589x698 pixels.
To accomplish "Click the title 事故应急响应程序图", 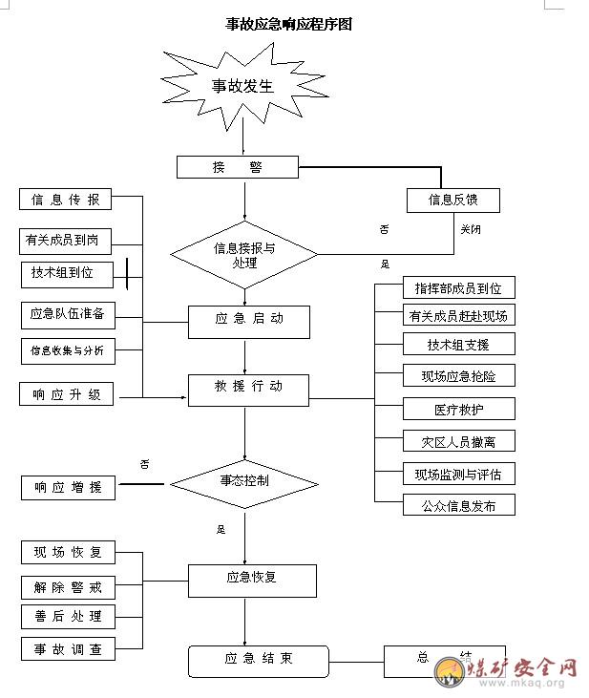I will (288, 24).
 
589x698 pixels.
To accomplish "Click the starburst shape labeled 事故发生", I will (242, 86).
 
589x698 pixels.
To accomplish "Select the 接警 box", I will (238, 167).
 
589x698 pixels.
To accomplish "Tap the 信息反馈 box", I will (452, 200).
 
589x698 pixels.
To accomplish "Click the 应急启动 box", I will (249, 321).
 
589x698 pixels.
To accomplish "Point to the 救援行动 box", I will (249, 389).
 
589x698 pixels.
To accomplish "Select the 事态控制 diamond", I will (244, 480).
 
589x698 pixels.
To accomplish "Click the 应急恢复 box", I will (251, 580).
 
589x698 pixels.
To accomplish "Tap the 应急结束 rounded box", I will (258, 660).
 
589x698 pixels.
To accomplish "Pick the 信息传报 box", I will (65, 200).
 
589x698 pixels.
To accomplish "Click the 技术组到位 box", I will (63, 273).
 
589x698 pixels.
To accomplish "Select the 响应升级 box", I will (66, 393).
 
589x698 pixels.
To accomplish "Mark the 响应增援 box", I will (68, 487).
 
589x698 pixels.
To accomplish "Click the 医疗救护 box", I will (459, 409).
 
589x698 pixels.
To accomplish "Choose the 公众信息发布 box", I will (459, 505).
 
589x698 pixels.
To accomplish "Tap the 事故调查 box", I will (68, 649).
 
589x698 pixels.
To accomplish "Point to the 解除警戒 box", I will (68, 585).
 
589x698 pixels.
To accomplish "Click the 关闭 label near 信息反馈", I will (471, 229).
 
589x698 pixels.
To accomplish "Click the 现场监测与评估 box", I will (459, 474).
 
